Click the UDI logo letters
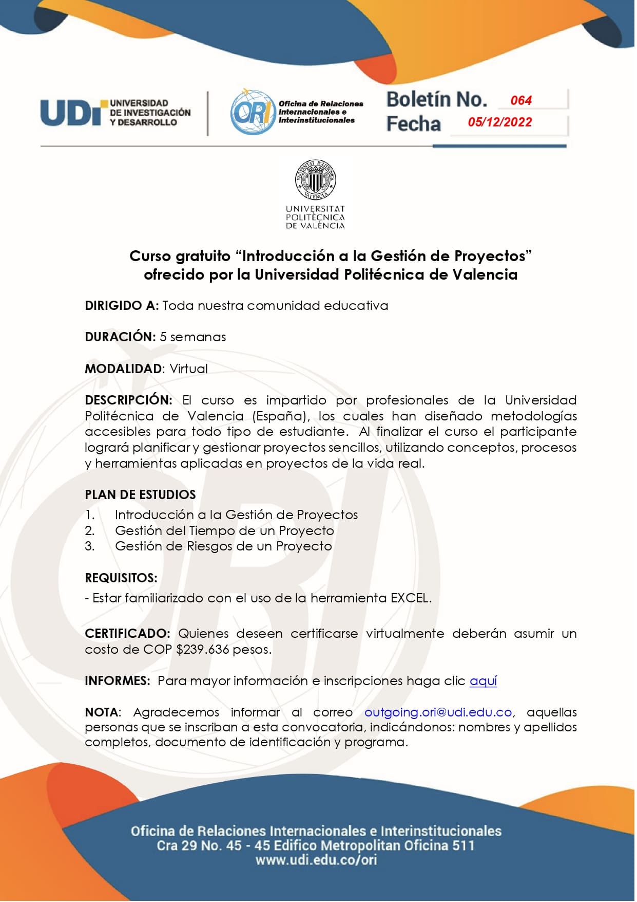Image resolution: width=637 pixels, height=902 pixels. click(72, 113)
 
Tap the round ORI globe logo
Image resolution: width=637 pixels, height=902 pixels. click(253, 113)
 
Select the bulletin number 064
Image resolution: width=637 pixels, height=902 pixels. click(520, 101)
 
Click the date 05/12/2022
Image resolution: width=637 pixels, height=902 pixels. click(499, 122)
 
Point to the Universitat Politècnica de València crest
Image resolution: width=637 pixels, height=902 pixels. click(315, 179)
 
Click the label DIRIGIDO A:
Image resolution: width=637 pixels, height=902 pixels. click(122, 306)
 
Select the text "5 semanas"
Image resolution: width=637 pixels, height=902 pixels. click(193, 337)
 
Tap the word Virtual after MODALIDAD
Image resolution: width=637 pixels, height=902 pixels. click(188, 369)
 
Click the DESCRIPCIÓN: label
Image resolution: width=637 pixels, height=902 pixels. click(128, 400)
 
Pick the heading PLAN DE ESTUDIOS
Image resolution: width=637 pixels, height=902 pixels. click(140, 495)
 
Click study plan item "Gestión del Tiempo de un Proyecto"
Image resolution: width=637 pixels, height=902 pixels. click(224, 530)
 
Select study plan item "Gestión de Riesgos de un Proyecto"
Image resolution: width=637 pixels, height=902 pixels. click(223, 546)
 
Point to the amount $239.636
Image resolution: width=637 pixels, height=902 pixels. click(203, 650)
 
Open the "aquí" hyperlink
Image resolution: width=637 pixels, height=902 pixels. click(483, 681)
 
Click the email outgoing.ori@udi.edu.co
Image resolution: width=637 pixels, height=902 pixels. click(438, 712)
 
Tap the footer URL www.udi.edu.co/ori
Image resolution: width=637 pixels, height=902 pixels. click(316, 860)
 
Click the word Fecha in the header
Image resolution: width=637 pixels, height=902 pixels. click(413, 124)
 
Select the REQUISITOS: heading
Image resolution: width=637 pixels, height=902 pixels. click(121, 578)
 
